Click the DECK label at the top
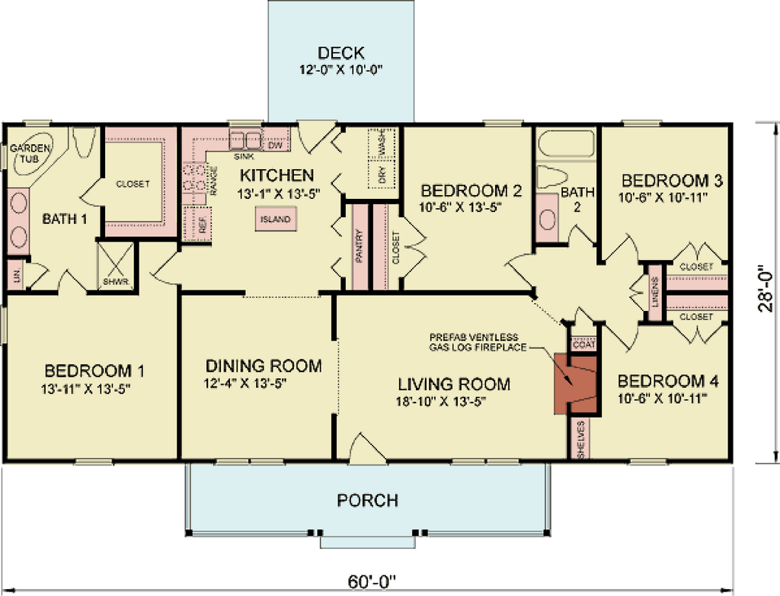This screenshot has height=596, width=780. pos(340,53)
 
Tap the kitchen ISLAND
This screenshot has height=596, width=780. pos(276,219)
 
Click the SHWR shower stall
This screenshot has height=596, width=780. pos(116,266)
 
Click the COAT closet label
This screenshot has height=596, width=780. pos(583,343)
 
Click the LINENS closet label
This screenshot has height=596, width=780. pos(654,292)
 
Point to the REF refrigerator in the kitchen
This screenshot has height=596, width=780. pos(202,224)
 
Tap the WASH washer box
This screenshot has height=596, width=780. pos(382,143)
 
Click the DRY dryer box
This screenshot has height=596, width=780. pos(382,175)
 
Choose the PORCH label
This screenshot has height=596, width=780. pos(367,501)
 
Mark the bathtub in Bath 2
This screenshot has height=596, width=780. pos(565,143)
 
